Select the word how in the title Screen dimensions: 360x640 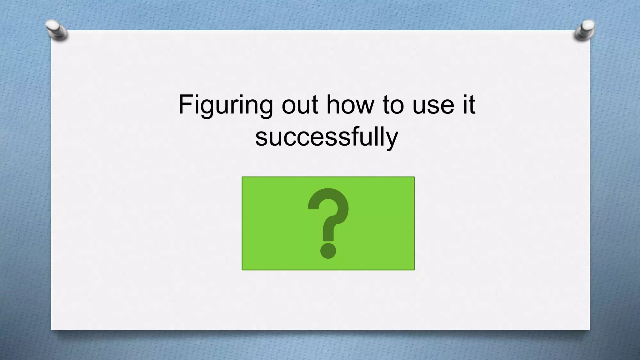pos(350,104)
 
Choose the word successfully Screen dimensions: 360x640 pos(327,137)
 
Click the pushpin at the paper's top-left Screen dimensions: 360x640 pos(56,30)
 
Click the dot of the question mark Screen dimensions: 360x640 pos(328,251)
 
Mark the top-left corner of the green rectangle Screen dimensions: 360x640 pos(242,177)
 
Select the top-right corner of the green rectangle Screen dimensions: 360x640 pos(414,177)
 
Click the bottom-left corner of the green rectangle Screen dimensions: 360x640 pos(242,270)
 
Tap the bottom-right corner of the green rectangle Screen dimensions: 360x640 pos(414,270)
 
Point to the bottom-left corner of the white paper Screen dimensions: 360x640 pos(52,330)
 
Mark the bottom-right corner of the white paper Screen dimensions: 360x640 pos(589,330)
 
